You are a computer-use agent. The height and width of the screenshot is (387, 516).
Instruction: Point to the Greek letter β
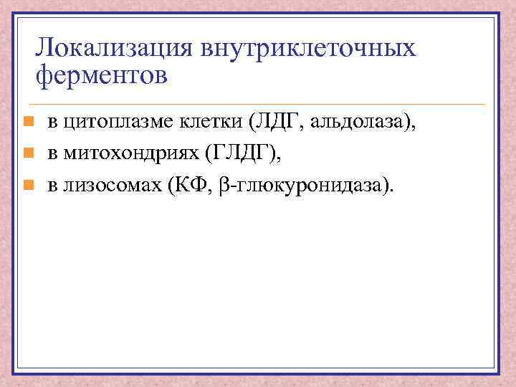coord(222,186)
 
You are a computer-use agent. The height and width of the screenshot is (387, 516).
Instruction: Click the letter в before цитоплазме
coord(52,123)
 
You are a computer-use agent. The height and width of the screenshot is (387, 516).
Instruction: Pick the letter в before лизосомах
coord(52,186)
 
